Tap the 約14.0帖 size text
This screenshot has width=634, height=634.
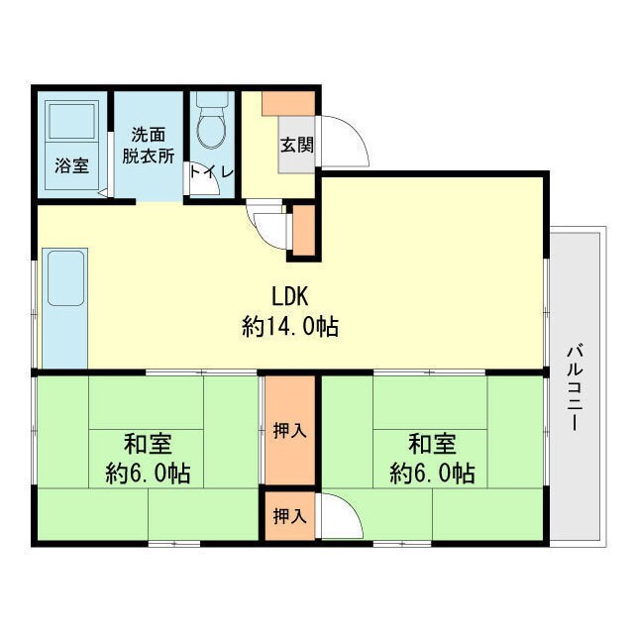(290, 327)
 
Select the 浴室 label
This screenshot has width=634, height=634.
(71, 165)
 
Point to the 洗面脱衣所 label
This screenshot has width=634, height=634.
(149, 146)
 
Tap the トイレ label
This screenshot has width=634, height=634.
(211, 171)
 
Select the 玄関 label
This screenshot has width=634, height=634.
(296, 145)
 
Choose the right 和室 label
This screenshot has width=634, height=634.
(432, 443)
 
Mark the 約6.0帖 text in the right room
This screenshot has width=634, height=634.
(432, 474)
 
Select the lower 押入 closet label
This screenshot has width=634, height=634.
(289, 516)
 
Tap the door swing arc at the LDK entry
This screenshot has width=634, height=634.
(267, 229)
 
